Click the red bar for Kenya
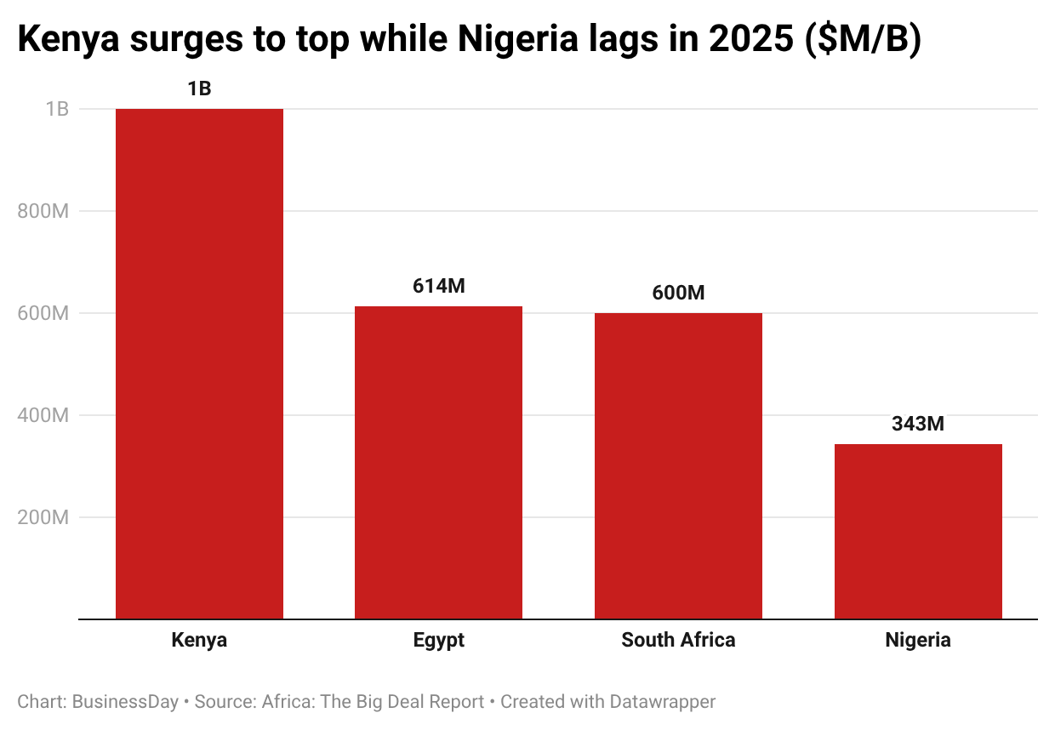coord(199,363)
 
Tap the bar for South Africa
coord(678,465)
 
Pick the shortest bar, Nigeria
coord(918,531)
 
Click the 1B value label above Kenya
coord(199,88)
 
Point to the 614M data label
coord(439,287)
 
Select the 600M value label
coord(678,293)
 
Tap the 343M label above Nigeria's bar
coord(918,424)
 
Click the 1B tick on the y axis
coord(57,109)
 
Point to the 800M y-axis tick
coord(43,211)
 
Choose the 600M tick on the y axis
coord(43,313)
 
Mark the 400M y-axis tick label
coord(43,415)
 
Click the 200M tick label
coord(43,517)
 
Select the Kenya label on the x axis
coord(199,640)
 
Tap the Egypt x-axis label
coord(439,640)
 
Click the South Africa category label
coord(678,640)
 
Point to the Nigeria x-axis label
coord(918,640)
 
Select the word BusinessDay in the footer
coord(126,702)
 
